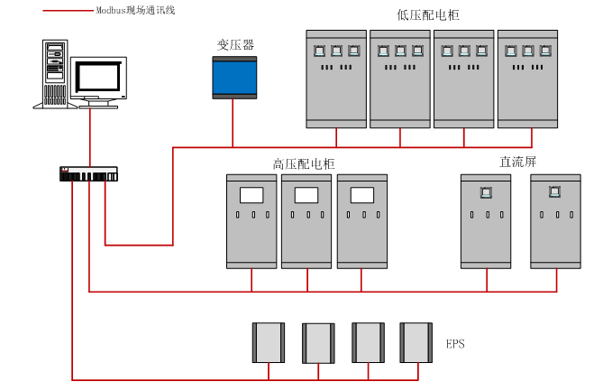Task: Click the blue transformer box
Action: (x=234, y=78)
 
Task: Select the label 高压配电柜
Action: (x=304, y=163)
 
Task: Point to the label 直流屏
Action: (x=517, y=162)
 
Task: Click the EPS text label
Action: (x=456, y=344)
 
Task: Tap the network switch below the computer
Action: (x=88, y=174)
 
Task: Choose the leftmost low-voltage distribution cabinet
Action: (x=336, y=79)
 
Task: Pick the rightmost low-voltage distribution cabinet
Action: (x=528, y=79)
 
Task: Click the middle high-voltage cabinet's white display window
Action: (x=306, y=194)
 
